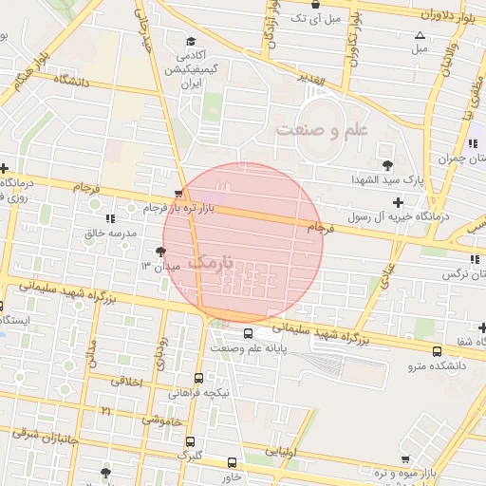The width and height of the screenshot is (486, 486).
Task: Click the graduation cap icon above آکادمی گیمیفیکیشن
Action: click(x=191, y=41)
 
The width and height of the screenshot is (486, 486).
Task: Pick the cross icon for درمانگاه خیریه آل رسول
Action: click(x=398, y=201)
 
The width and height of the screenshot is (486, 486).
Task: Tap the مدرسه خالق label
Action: click(x=111, y=233)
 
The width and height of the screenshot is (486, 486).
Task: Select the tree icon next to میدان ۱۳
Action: click(x=159, y=252)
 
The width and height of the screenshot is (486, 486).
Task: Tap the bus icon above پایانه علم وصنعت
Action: click(x=248, y=333)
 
